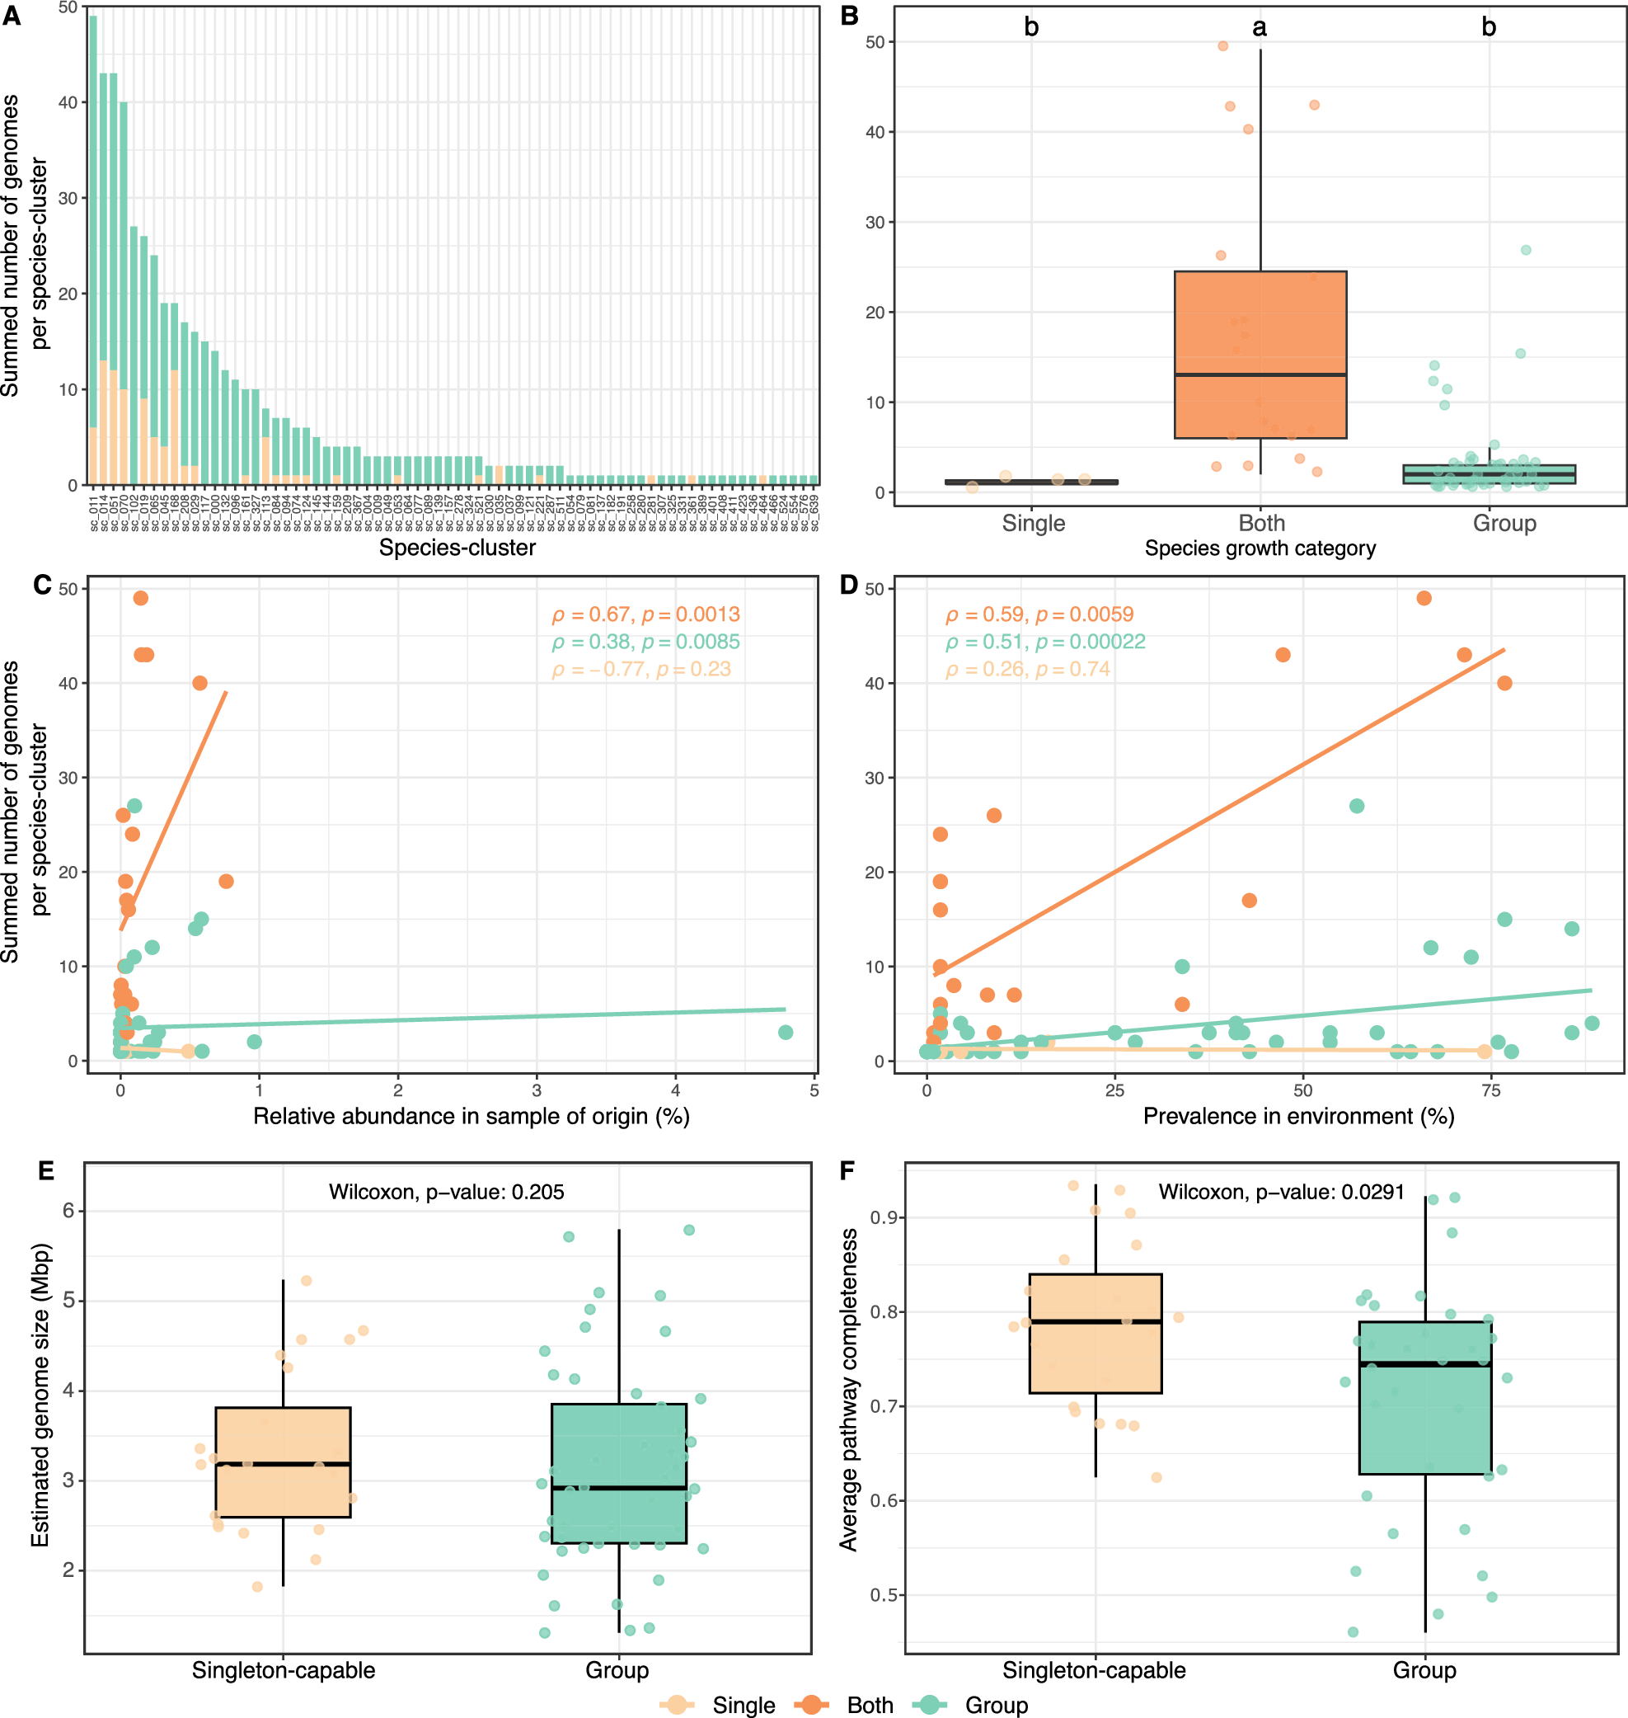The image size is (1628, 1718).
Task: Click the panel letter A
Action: point(12,16)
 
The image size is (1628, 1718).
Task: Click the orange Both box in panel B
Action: point(1260,354)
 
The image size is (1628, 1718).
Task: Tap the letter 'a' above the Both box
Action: point(1260,28)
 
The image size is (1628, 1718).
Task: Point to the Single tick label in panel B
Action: point(1033,524)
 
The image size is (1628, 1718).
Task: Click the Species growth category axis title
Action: point(1260,548)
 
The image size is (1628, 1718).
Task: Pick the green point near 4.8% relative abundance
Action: point(786,1032)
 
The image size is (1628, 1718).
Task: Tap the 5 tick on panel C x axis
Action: point(814,1090)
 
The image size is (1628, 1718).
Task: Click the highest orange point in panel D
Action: point(1424,598)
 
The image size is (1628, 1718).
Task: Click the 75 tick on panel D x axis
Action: point(1491,1090)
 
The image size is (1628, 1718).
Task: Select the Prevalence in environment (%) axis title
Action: point(1298,1117)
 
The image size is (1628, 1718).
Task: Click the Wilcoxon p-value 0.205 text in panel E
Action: point(446,1192)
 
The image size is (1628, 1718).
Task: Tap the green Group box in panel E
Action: point(619,1473)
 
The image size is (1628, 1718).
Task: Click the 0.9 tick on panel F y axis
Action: point(884,1217)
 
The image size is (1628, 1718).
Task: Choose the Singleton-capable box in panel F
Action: point(1095,1334)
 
